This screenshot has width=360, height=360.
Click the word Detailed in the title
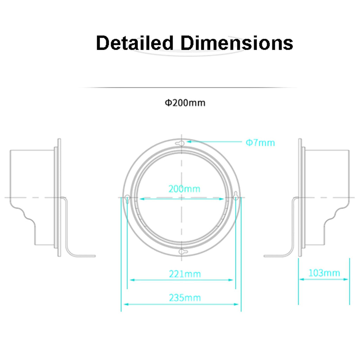click(x=135, y=43)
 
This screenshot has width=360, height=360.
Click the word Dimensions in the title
click(x=237, y=43)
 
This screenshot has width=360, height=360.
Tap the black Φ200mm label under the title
click(x=185, y=103)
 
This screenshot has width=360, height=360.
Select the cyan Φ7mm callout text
click(x=260, y=143)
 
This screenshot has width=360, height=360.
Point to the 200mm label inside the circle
click(x=184, y=189)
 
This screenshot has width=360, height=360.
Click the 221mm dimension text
click(x=185, y=274)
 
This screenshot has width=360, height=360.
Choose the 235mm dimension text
click(x=185, y=298)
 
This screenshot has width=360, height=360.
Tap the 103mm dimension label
click(x=324, y=273)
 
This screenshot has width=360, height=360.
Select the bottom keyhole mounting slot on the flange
click(x=183, y=252)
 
